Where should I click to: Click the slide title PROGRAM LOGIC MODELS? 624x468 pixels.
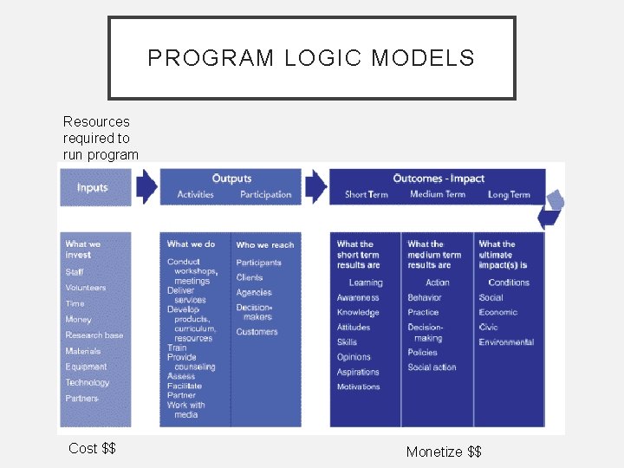311,58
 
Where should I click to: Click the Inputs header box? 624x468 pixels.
94,187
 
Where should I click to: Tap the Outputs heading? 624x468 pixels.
231,179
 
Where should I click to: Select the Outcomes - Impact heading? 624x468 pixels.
439,179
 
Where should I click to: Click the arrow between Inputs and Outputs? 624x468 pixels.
146,185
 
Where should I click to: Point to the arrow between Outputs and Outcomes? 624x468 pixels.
315,185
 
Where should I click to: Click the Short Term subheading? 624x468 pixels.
366,195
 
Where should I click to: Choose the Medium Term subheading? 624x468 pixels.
438,195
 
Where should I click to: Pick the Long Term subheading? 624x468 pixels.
509,195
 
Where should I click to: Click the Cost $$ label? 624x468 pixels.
92,448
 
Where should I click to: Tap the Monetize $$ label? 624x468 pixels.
444,452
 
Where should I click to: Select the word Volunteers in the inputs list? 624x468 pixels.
86,288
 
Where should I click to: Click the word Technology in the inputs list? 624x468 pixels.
88,382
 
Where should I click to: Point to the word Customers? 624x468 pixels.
257,332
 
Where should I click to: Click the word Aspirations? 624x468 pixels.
358,373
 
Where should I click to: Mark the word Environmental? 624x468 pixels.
506,342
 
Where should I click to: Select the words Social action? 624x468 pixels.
432,367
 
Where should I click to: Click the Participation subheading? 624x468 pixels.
266,195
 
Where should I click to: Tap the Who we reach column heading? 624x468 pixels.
265,245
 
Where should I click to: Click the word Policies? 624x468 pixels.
423,353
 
